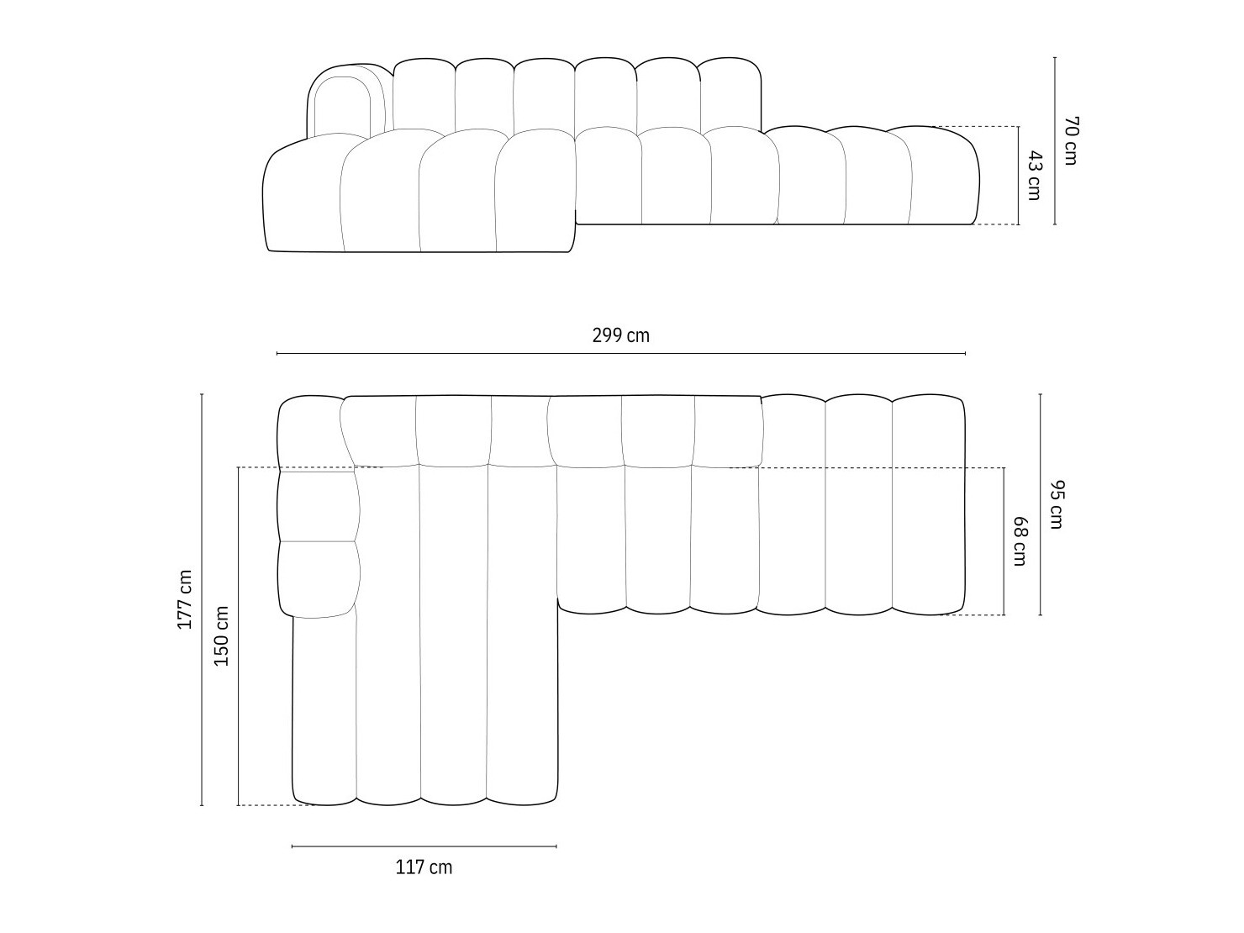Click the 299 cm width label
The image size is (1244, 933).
620,336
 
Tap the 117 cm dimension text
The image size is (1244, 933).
424,867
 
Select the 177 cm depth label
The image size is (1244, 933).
185,599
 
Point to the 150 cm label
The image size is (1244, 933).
221,635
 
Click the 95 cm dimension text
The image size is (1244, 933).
1057,504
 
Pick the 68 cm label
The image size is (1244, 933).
1019,541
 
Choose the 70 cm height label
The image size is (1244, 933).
1069,140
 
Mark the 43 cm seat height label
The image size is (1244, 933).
1034,176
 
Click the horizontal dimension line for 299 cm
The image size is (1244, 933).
620,354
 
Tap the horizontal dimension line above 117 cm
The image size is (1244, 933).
424,846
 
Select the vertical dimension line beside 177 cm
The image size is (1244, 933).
202,599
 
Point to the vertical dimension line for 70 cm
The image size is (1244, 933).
1055,140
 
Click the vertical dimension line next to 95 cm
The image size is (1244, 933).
1041,504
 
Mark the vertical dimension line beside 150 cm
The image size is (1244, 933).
238,635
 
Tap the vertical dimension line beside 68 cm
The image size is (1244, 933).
1004,541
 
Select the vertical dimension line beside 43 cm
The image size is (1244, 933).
1019,176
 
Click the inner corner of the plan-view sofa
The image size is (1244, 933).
558,601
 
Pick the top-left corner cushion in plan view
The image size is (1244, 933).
309,430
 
